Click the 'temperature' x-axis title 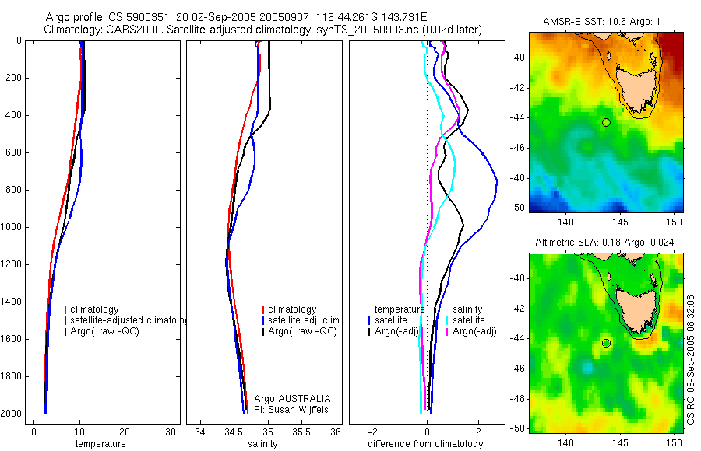[x=100, y=444]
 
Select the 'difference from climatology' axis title [x=425, y=444]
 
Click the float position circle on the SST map [x=606, y=122]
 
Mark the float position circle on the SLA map [x=606, y=343]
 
